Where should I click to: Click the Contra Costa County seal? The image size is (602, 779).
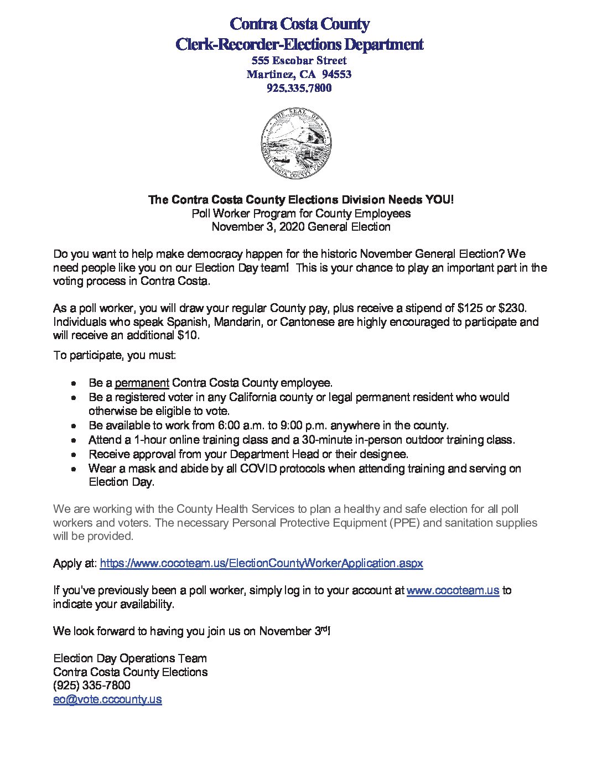(x=296, y=143)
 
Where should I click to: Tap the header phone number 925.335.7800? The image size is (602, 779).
(x=299, y=88)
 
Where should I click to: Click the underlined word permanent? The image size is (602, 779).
(x=142, y=383)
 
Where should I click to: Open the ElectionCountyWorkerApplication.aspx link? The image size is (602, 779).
(x=261, y=563)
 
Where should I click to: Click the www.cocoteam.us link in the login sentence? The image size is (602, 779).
(x=453, y=590)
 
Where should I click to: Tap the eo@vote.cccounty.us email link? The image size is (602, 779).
(x=107, y=699)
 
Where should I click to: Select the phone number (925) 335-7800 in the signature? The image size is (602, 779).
(x=92, y=685)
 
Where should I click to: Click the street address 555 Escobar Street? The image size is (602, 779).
(x=299, y=60)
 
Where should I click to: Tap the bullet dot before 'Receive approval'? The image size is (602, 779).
(x=75, y=455)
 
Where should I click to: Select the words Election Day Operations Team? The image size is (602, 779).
(x=130, y=658)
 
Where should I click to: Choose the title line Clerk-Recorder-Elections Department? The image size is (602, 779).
(x=299, y=44)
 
